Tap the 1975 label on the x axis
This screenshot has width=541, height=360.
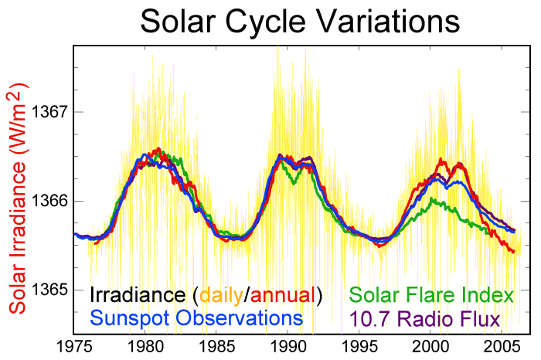coord(74,346)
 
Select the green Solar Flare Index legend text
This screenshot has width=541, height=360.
coord(431,295)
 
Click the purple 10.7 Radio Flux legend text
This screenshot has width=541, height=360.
coord(425,318)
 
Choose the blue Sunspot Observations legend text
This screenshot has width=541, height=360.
coord(196,318)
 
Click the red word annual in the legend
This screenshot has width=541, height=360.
coord(283,295)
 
